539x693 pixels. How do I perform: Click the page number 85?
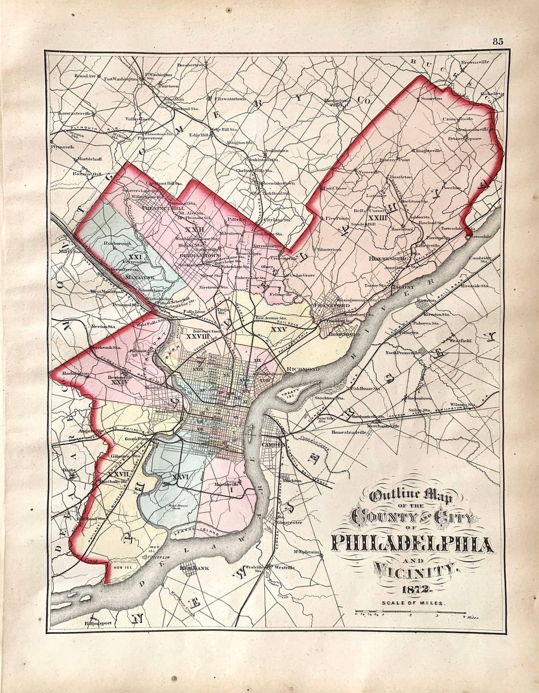pyautogui.click(x=498, y=41)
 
